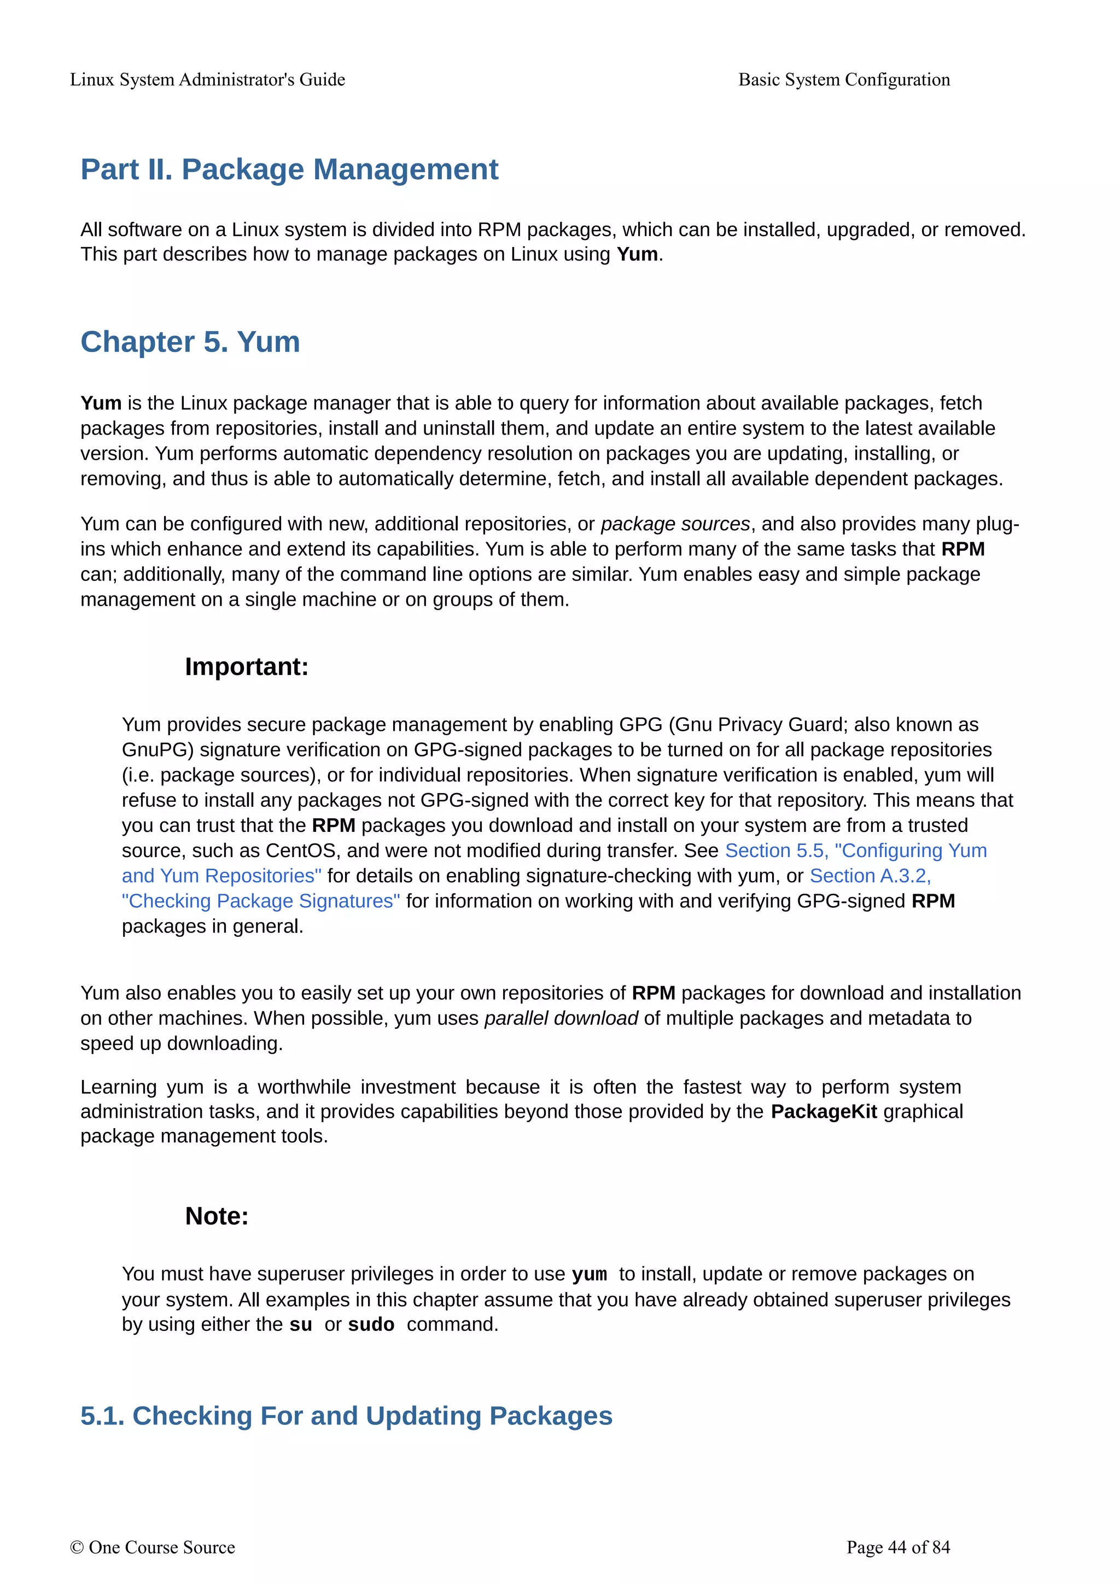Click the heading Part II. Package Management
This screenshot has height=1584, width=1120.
pos(289,169)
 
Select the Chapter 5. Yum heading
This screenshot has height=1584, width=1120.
pos(190,342)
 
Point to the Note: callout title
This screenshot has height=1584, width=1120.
pos(216,1216)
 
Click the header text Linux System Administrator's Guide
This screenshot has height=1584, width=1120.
pos(207,80)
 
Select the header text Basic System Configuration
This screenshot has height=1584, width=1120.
pos(843,80)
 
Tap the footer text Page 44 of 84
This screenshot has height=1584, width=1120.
pos(898,1547)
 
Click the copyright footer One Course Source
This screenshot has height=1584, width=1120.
pos(153,1547)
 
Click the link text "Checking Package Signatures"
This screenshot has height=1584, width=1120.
pos(260,901)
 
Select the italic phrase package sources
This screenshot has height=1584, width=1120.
pos(674,524)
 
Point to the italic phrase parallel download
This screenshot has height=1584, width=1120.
pos(561,1018)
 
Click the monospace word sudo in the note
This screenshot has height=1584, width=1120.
pos(371,1324)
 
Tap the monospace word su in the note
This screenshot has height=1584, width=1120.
pos(300,1324)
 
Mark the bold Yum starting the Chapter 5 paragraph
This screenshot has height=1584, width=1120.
pos(101,403)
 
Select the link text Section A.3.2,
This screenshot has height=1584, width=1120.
pos(870,876)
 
